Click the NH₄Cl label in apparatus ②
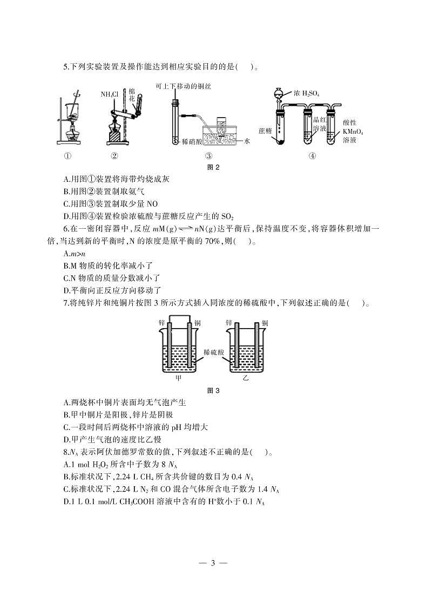tap(109, 94)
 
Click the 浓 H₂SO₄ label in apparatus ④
tap(307, 93)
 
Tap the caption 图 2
tap(213, 167)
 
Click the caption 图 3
tap(213, 390)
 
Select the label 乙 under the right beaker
tap(246, 378)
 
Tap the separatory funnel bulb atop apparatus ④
tap(278, 93)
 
